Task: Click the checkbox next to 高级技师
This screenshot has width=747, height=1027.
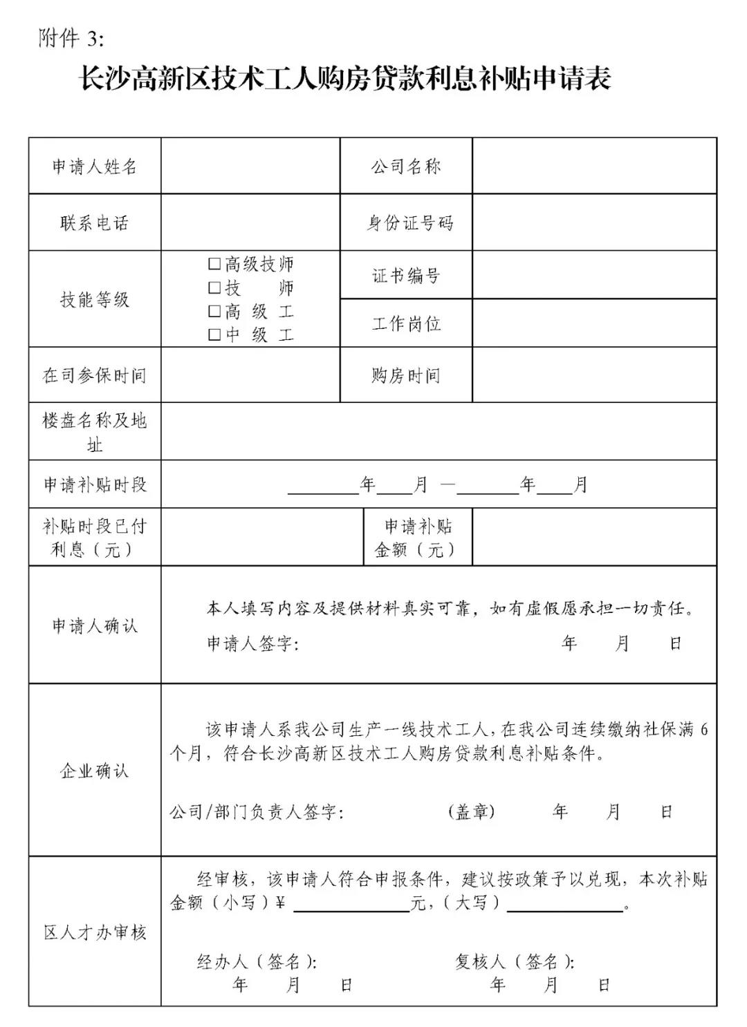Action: [x=215, y=264]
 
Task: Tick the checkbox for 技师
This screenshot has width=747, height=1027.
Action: [x=215, y=288]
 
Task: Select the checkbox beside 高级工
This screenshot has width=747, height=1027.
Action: [x=215, y=311]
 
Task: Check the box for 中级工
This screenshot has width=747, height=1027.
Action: [x=215, y=335]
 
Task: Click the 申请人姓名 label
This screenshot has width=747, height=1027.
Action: [x=95, y=167]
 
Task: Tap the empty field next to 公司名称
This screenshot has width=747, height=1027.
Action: [x=594, y=167]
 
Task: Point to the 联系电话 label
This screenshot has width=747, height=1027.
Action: [x=95, y=223]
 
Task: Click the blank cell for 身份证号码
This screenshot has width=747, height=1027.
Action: [x=594, y=223]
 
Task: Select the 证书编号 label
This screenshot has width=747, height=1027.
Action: [x=406, y=276]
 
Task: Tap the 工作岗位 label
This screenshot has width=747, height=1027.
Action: [x=406, y=323]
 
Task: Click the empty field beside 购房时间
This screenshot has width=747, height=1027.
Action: [x=594, y=375]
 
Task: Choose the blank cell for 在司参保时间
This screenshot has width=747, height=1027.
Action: [x=250, y=375]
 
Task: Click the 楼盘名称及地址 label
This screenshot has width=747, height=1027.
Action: [x=95, y=432]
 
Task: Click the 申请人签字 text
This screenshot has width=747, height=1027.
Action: [x=252, y=644]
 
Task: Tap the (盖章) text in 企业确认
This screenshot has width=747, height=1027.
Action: [x=472, y=811]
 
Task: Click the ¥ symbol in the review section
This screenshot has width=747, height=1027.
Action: [x=280, y=903]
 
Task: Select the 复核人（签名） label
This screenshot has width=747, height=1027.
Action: [x=515, y=961]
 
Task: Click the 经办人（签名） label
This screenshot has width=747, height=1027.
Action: [x=257, y=961]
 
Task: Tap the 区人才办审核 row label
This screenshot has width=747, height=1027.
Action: [x=95, y=932]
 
